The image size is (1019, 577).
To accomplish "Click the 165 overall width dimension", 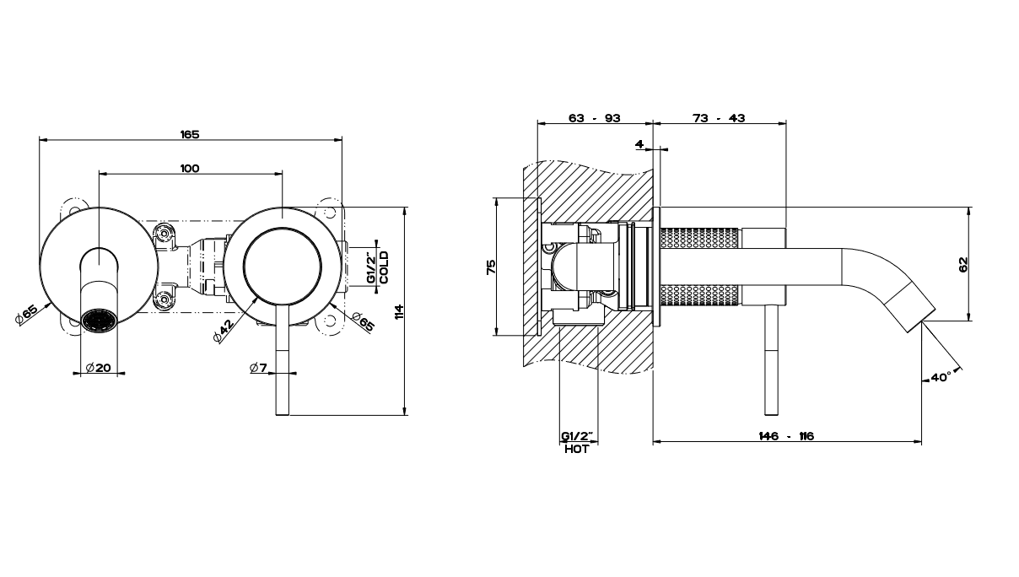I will tap(190, 134).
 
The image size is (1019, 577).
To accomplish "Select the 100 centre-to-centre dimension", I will tap(190, 169).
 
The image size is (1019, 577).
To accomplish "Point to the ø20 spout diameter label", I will tap(100, 367).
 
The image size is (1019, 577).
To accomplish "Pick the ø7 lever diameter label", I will tap(259, 367).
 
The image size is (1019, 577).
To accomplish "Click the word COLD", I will tap(384, 266).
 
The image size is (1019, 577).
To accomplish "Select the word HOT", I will tap(577, 450).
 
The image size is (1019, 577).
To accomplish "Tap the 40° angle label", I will tap(941, 377).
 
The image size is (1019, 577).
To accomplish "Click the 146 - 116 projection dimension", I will tap(786, 436).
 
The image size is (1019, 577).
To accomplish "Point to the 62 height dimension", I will tap(963, 264).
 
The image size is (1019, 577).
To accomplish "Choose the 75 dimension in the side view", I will tap(491, 267).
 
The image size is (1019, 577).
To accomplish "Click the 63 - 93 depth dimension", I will tap(595, 118).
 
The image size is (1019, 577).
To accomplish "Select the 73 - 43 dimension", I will tap(719, 118).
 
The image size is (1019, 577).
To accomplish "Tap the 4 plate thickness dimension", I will tap(639, 144).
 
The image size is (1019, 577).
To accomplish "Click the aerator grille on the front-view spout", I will tap(100, 321).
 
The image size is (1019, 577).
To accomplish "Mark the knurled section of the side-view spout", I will tap(699, 265).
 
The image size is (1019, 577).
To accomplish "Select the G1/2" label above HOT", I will tap(577, 436).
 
